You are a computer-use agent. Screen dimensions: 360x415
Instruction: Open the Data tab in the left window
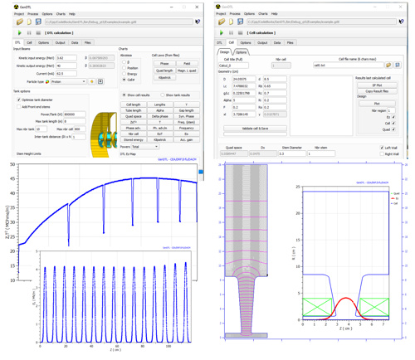click(x=74, y=42)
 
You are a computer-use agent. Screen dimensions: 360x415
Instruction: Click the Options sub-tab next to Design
click(x=242, y=51)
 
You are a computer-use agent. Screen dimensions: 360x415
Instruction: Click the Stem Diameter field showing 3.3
click(x=291, y=154)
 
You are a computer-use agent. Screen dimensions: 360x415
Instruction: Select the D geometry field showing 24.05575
click(x=242, y=79)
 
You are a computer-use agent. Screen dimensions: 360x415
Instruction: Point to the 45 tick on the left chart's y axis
click(x=14, y=181)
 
